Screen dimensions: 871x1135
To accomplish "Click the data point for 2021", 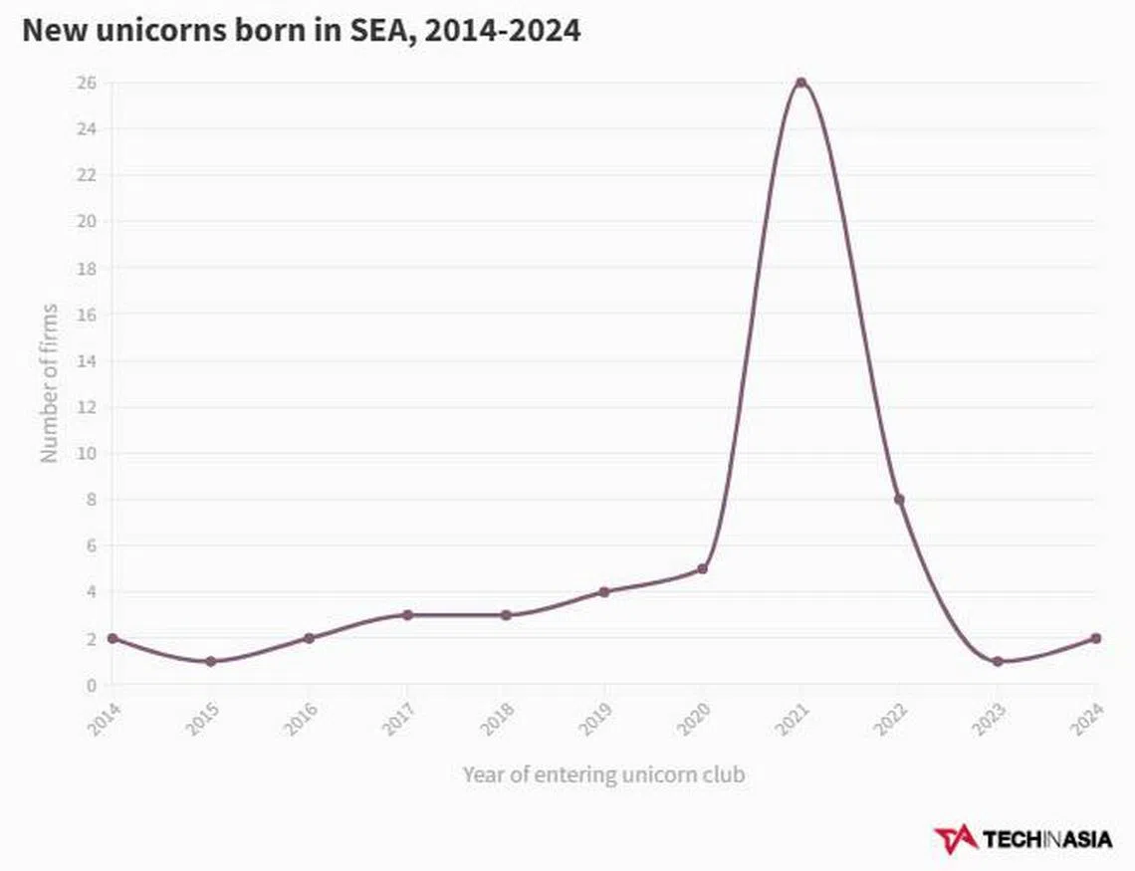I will pos(800,83).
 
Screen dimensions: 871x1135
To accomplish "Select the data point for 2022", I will pos(899,500).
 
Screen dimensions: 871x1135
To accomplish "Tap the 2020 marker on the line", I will pos(702,569).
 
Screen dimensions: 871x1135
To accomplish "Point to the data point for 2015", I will pos(210,662).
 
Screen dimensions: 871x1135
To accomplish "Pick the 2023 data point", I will pos(998,662).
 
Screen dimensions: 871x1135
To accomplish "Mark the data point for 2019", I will pos(603,592).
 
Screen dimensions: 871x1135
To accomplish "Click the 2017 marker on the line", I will pos(407,615).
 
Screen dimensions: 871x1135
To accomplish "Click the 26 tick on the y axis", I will pos(87,83).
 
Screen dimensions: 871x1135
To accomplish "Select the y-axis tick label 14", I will pos(87,360).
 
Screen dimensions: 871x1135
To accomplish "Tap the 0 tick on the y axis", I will pos(91,685).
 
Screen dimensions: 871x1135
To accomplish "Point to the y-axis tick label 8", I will pos(91,500).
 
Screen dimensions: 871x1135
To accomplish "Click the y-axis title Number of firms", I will pos(49,383).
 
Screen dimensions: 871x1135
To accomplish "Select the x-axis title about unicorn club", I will pos(603,773).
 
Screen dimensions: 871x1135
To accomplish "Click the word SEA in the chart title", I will pos(379,30).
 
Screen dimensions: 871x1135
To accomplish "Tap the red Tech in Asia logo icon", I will pos(955,839).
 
